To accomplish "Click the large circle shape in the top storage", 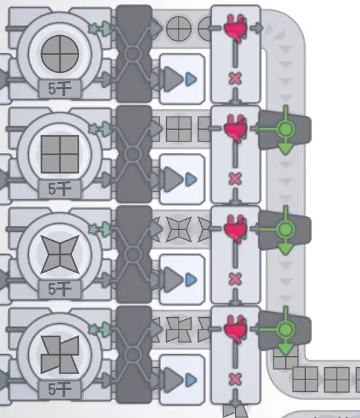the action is [x=60, y=54].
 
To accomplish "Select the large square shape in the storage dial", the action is [x=60, y=154].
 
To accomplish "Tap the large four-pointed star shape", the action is [x=60, y=255].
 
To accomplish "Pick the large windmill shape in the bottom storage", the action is [x=60, y=355].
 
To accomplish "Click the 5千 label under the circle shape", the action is [x=60, y=89].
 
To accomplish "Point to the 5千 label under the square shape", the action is [x=60, y=189].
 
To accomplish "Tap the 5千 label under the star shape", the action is [x=60, y=289].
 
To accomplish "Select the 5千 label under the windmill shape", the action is [x=60, y=389].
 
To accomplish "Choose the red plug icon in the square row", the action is [x=235, y=128].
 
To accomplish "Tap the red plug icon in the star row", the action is [x=235, y=229].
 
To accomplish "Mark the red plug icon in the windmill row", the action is [x=235, y=329].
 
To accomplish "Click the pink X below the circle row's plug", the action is [x=235, y=79].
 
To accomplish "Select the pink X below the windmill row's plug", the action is [x=235, y=380].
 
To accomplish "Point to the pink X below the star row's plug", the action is [x=235, y=279].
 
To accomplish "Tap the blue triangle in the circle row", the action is [x=191, y=79].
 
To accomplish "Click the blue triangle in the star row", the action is [x=191, y=279].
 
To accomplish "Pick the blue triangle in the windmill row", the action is [x=191, y=380].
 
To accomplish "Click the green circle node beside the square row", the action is [x=286, y=129].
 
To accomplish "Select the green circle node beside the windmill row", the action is [x=286, y=329].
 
